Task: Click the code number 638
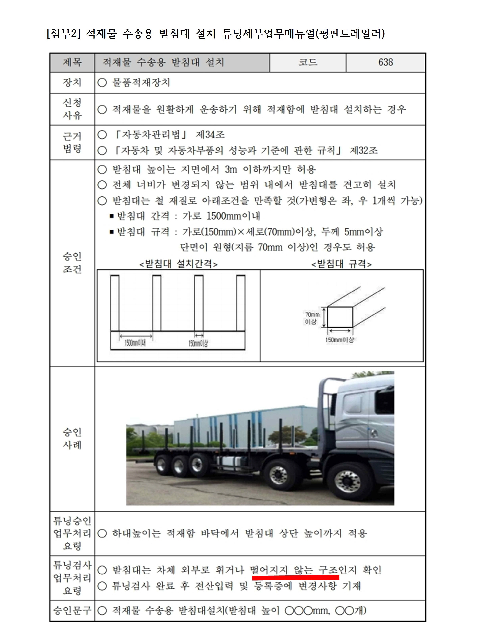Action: click(385, 62)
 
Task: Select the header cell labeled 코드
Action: click(308, 62)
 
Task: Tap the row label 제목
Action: click(72, 62)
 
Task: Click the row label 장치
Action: click(72, 83)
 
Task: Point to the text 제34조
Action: click(210, 135)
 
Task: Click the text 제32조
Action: click(363, 150)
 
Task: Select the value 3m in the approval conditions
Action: click(231, 169)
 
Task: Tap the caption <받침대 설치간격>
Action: click(178, 264)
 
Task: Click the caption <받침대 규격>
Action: click(342, 264)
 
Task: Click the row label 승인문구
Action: click(72, 610)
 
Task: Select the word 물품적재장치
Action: click(141, 83)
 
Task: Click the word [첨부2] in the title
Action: click(63, 34)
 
